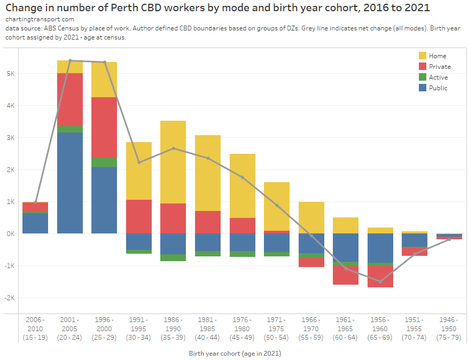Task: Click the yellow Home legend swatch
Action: click(423, 56)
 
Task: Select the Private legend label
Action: click(440, 67)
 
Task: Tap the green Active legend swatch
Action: click(423, 77)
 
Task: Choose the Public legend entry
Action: click(438, 88)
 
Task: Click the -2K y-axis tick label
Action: click(9, 298)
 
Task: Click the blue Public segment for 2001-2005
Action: click(70, 183)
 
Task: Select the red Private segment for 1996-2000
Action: click(104, 127)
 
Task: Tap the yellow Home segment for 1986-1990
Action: click(173, 162)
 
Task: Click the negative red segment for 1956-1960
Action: click(380, 276)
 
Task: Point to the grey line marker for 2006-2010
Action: click(36, 202)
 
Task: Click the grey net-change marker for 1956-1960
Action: click(380, 281)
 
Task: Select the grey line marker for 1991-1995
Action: click(139, 162)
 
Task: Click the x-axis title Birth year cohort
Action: click(235, 354)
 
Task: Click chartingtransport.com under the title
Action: click(33, 19)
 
